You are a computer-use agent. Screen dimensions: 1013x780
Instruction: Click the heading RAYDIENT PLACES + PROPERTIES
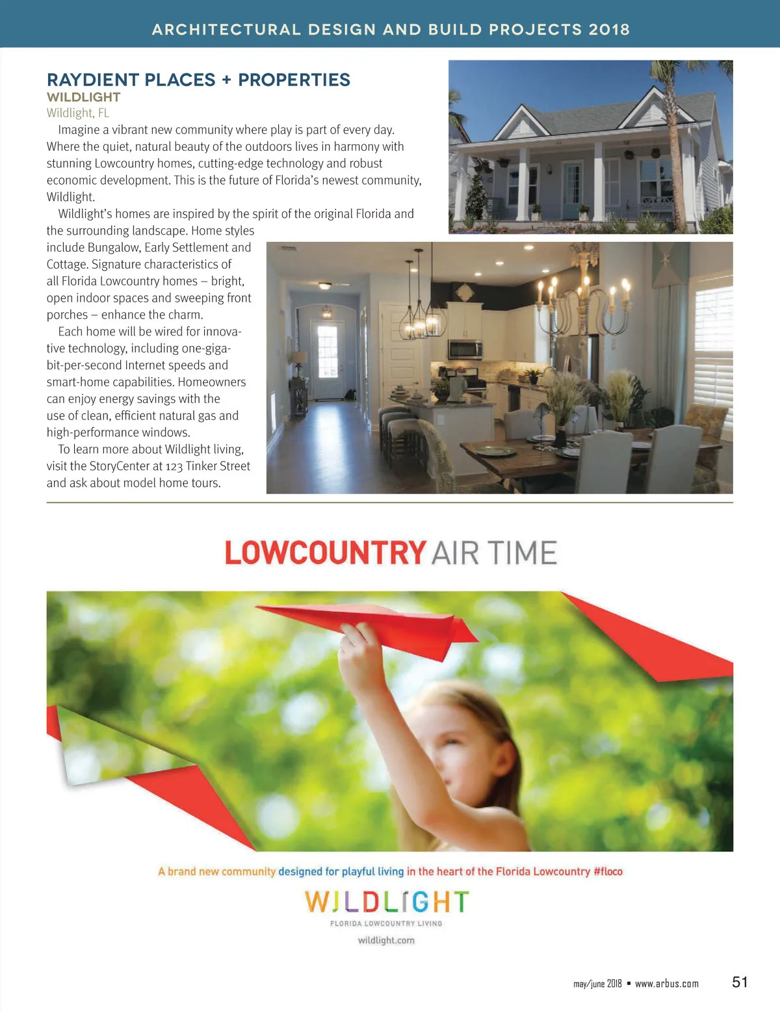click(x=198, y=80)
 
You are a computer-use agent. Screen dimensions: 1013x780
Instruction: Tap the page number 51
click(x=740, y=982)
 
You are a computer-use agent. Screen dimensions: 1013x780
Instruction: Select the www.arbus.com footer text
click(x=666, y=984)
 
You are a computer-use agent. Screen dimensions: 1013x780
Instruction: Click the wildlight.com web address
click(x=386, y=940)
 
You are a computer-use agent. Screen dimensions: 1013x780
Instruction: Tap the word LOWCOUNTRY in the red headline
click(x=325, y=553)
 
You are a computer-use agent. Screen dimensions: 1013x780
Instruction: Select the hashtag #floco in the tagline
click(x=608, y=871)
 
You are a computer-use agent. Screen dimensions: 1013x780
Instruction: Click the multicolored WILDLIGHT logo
click(x=386, y=902)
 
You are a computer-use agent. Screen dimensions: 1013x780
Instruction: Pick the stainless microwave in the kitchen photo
click(x=465, y=349)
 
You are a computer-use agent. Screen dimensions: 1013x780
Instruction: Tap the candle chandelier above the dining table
click(x=582, y=293)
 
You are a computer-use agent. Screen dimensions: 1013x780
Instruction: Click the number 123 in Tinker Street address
click(x=174, y=466)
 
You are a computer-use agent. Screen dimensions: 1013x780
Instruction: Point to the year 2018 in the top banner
click(x=609, y=29)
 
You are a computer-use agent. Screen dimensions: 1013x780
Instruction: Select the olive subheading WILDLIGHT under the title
click(x=83, y=98)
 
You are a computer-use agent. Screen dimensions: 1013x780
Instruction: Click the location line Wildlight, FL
click(x=77, y=113)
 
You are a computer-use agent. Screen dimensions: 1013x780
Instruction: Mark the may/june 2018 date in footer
click(x=597, y=984)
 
